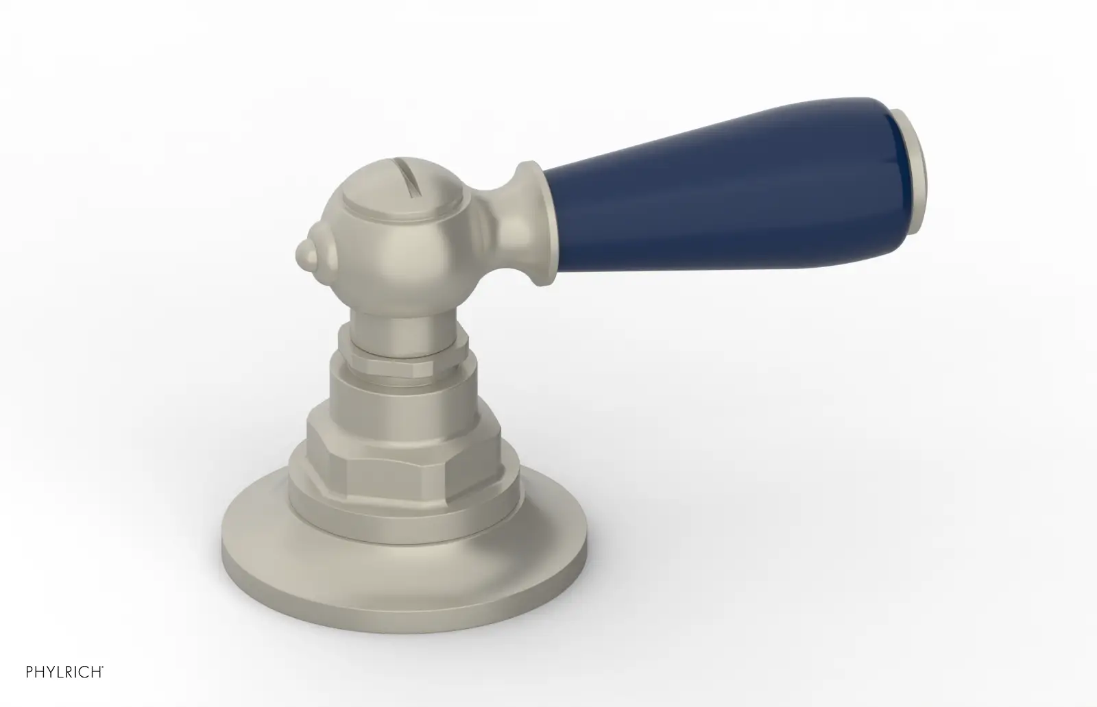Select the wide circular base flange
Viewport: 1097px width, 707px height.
coord(404,578)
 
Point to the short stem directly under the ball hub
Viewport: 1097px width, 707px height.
coord(404,333)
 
